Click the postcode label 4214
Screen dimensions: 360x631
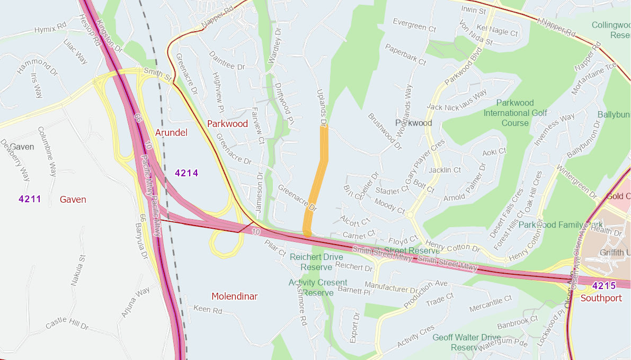pyautogui.click(x=186, y=173)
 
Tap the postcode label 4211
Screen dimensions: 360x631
pyautogui.click(x=30, y=199)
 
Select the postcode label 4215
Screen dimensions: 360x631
pyautogui.click(x=603, y=286)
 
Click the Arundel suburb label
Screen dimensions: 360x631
pyautogui.click(x=171, y=132)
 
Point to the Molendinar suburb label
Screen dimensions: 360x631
pyautogui.click(x=234, y=296)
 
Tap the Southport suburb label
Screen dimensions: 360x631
pyautogui.click(x=601, y=298)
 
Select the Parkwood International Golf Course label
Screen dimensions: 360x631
pyautogui.click(x=515, y=113)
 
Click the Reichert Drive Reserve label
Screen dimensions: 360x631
pyautogui.click(x=317, y=262)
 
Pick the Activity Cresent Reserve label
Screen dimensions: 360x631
pyautogui.click(x=318, y=287)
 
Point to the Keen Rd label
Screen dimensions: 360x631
pyautogui.click(x=208, y=309)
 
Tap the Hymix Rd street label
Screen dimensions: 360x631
pyautogui.click(x=50, y=29)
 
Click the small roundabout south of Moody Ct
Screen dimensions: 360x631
pyautogui.click(x=409, y=215)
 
